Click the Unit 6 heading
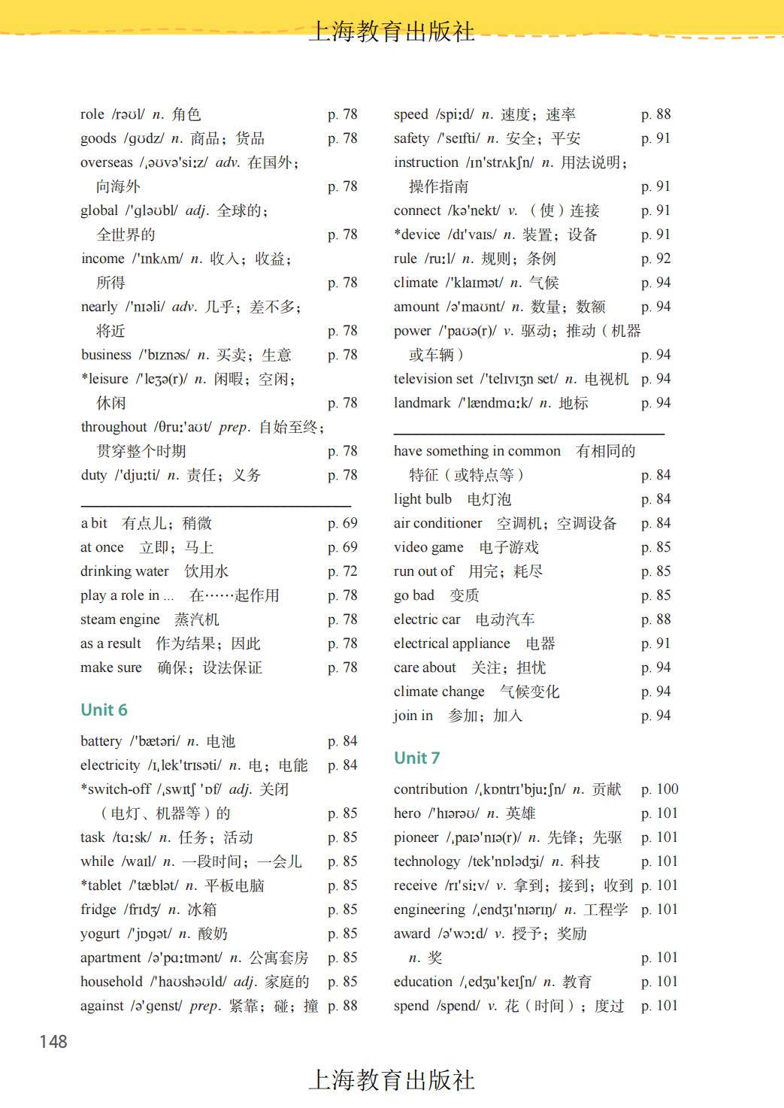[104, 710]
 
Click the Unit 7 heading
[416, 758]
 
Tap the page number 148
[53, 1041]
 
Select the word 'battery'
[101, 741]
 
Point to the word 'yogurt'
[100, 934]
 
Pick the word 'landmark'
[422, 403]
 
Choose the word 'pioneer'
[416, 837]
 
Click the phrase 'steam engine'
[120, 619]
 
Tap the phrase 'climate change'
[439, 692]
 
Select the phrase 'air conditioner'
[437, 523]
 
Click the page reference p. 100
[659, 789]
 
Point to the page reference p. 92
[655, 259]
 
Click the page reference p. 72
[342, 571]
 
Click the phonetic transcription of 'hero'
[453, 813]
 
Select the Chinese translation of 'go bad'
[464, 595]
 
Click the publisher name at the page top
[392, 32]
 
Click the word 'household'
[111, 982]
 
